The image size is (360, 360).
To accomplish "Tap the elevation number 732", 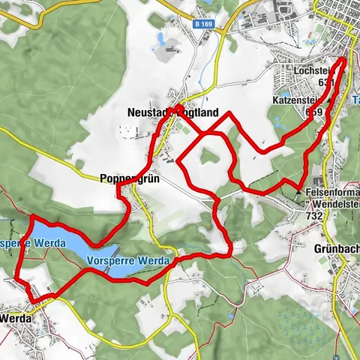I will (313, 216).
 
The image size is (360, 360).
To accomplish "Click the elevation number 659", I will (314, 111).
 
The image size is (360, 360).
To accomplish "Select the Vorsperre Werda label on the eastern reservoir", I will (129, 261).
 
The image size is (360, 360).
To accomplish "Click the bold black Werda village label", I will (16, 318).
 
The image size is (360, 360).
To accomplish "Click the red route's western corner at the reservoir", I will (31, 217).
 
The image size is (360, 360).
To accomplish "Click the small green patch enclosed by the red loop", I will (209, 157).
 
